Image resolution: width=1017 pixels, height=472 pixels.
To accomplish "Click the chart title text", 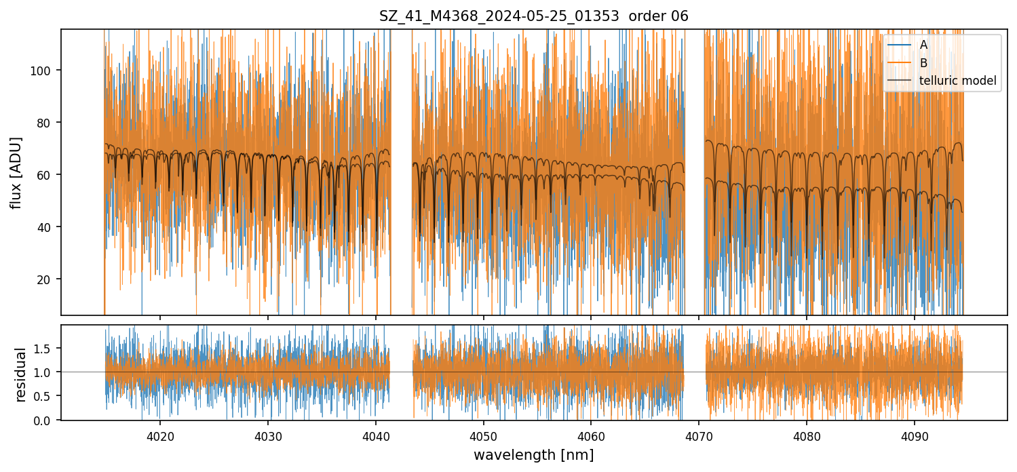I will (x=533, y=16).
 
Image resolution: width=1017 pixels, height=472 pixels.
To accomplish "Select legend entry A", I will (x=923, y=45).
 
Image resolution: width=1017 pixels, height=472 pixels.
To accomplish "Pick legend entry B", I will (x=923, y=63).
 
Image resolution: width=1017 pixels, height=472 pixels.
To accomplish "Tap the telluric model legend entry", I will (x=957, y=81).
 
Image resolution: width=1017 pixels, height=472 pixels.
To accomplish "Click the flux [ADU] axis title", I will (x=16, y=172).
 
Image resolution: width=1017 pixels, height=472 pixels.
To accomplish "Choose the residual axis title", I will (x=20, y=374).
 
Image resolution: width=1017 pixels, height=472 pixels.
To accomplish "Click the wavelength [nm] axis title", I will (x=533, y=455).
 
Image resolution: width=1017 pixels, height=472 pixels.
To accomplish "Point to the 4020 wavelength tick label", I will (x=160, y=434).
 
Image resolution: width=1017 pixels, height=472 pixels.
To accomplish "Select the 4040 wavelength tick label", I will (x=375, y=434).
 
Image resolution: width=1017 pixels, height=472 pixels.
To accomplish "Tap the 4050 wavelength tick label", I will (x=483, y=434).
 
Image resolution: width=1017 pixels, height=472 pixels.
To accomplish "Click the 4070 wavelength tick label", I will (x=698, y=434).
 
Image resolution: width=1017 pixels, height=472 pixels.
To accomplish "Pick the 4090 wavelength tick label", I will (x=914, y=434).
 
